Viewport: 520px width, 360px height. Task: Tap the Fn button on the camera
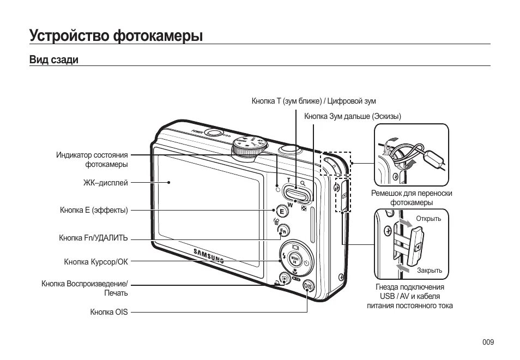point(283,231)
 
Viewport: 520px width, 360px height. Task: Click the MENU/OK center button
point(295,258)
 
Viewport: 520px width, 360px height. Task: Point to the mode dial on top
point(250,146)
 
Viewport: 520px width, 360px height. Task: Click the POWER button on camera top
point(214,133)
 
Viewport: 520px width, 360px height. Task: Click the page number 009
point(488,342)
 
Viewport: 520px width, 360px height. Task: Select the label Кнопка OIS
point(109,313)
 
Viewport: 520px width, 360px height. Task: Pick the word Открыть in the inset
point(428,219)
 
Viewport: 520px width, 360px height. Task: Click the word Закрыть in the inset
point(430,271)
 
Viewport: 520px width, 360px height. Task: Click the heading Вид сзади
point(54,60)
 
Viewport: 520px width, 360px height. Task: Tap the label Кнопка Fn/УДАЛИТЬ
point(93,238)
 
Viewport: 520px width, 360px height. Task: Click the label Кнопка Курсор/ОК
point(96,262)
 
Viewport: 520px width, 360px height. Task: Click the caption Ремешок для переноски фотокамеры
point(412,197)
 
